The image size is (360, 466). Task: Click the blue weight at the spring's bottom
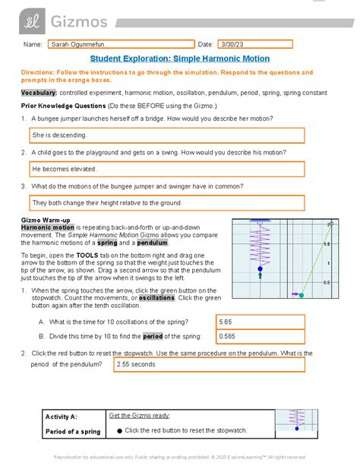tap(260, 269)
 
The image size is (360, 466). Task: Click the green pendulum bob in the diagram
tap(301, 295)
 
